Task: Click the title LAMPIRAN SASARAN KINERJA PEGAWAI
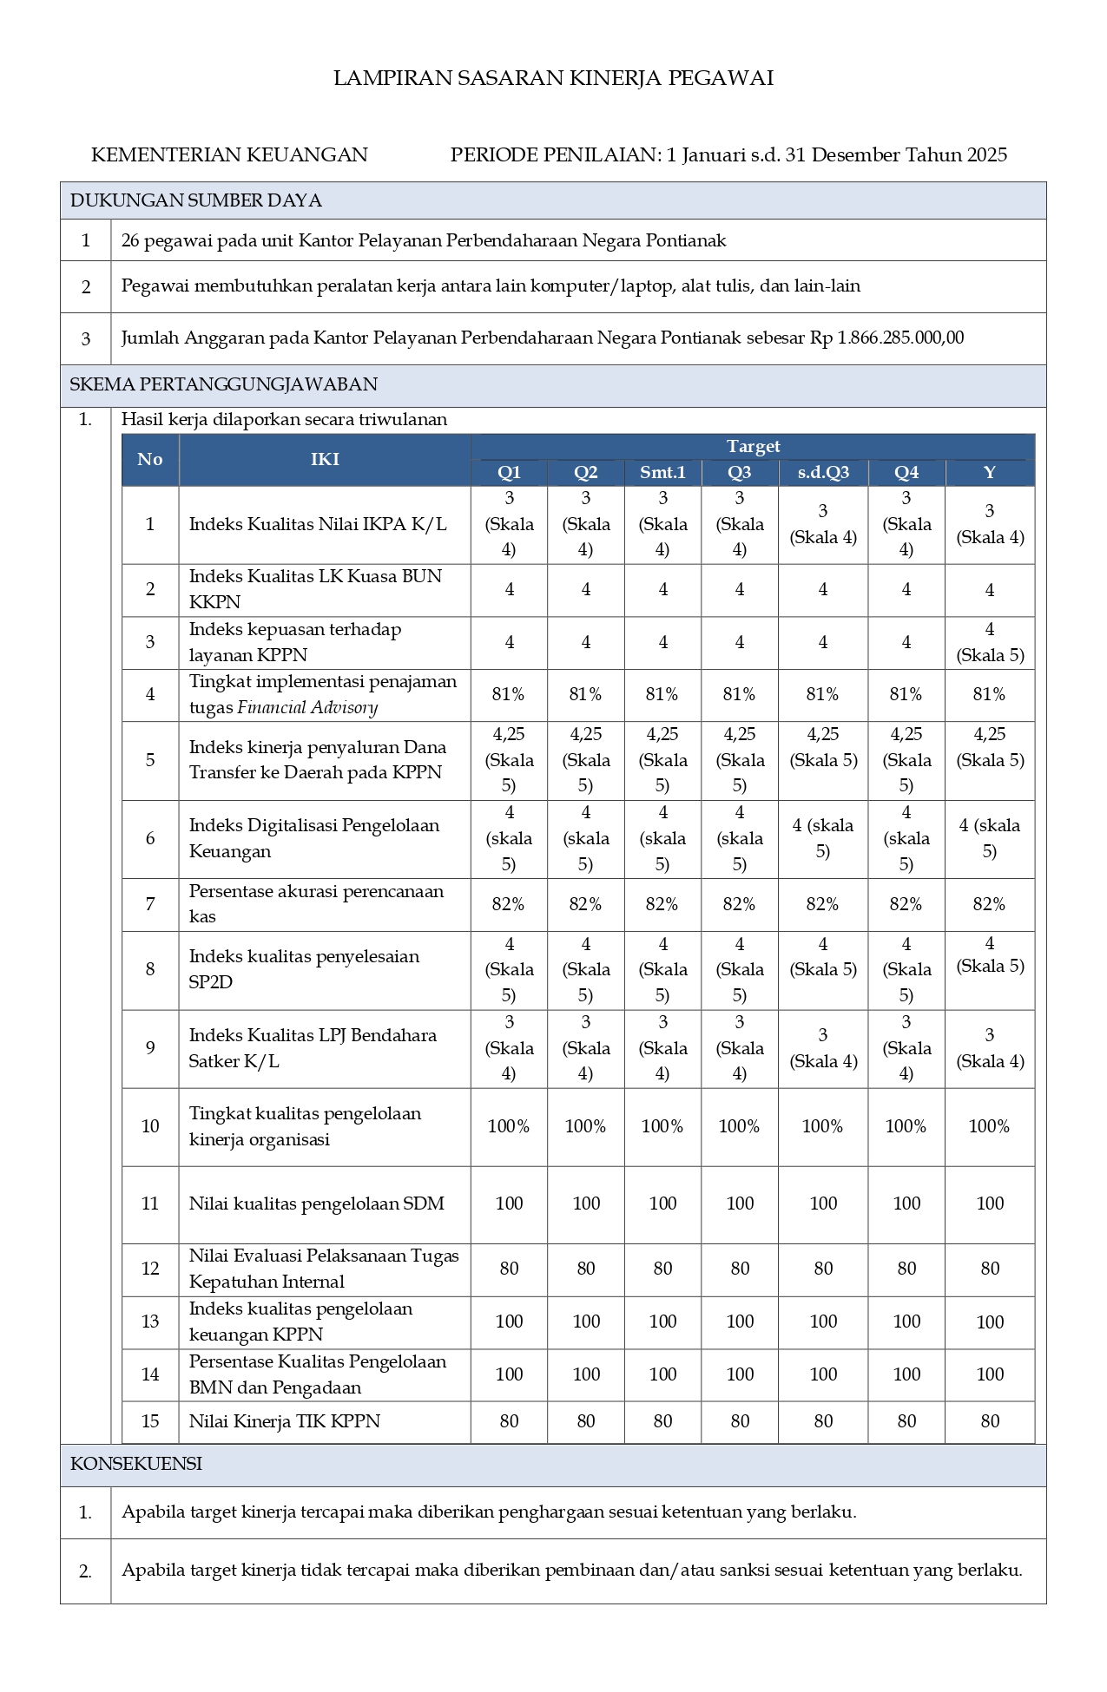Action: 553,79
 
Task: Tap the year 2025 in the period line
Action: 987,155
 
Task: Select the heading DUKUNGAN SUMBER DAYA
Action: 196,200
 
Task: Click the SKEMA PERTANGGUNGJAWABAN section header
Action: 224,384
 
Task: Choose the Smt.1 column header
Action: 662,473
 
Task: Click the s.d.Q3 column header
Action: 823,473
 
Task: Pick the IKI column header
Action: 325,459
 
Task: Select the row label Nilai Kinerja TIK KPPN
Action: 285,1421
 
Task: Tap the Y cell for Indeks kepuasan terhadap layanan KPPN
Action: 990,642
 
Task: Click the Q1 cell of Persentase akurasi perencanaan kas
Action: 509,904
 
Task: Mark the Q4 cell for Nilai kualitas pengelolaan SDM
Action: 906,1203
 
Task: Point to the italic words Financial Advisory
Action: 307,707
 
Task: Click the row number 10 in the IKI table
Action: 150,1126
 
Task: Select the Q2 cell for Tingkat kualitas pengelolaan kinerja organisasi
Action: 586,1126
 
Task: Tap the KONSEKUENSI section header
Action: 136,1464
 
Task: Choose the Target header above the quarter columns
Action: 753,447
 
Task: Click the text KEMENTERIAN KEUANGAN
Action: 229,155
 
